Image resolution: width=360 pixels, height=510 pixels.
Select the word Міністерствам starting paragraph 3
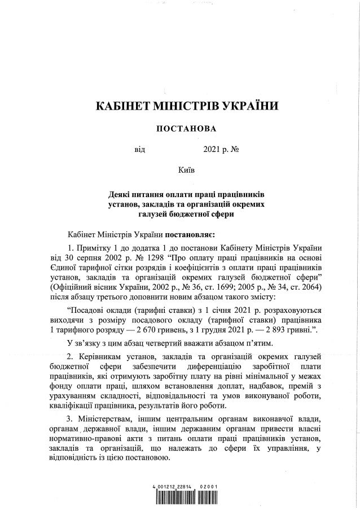tap(106, 419)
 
